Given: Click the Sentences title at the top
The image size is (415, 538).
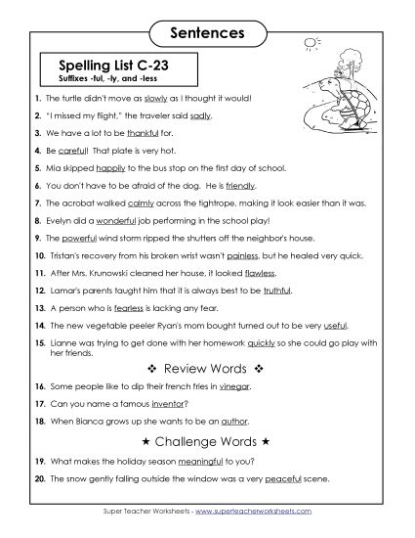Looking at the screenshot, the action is click(x=207, y=32).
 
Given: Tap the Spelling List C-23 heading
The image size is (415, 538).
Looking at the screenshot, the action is click(x=115, y=65).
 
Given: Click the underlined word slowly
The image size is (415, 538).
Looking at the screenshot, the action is click(x=156, y=99).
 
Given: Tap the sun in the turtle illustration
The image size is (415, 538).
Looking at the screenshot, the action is click(x=312, y=43).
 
